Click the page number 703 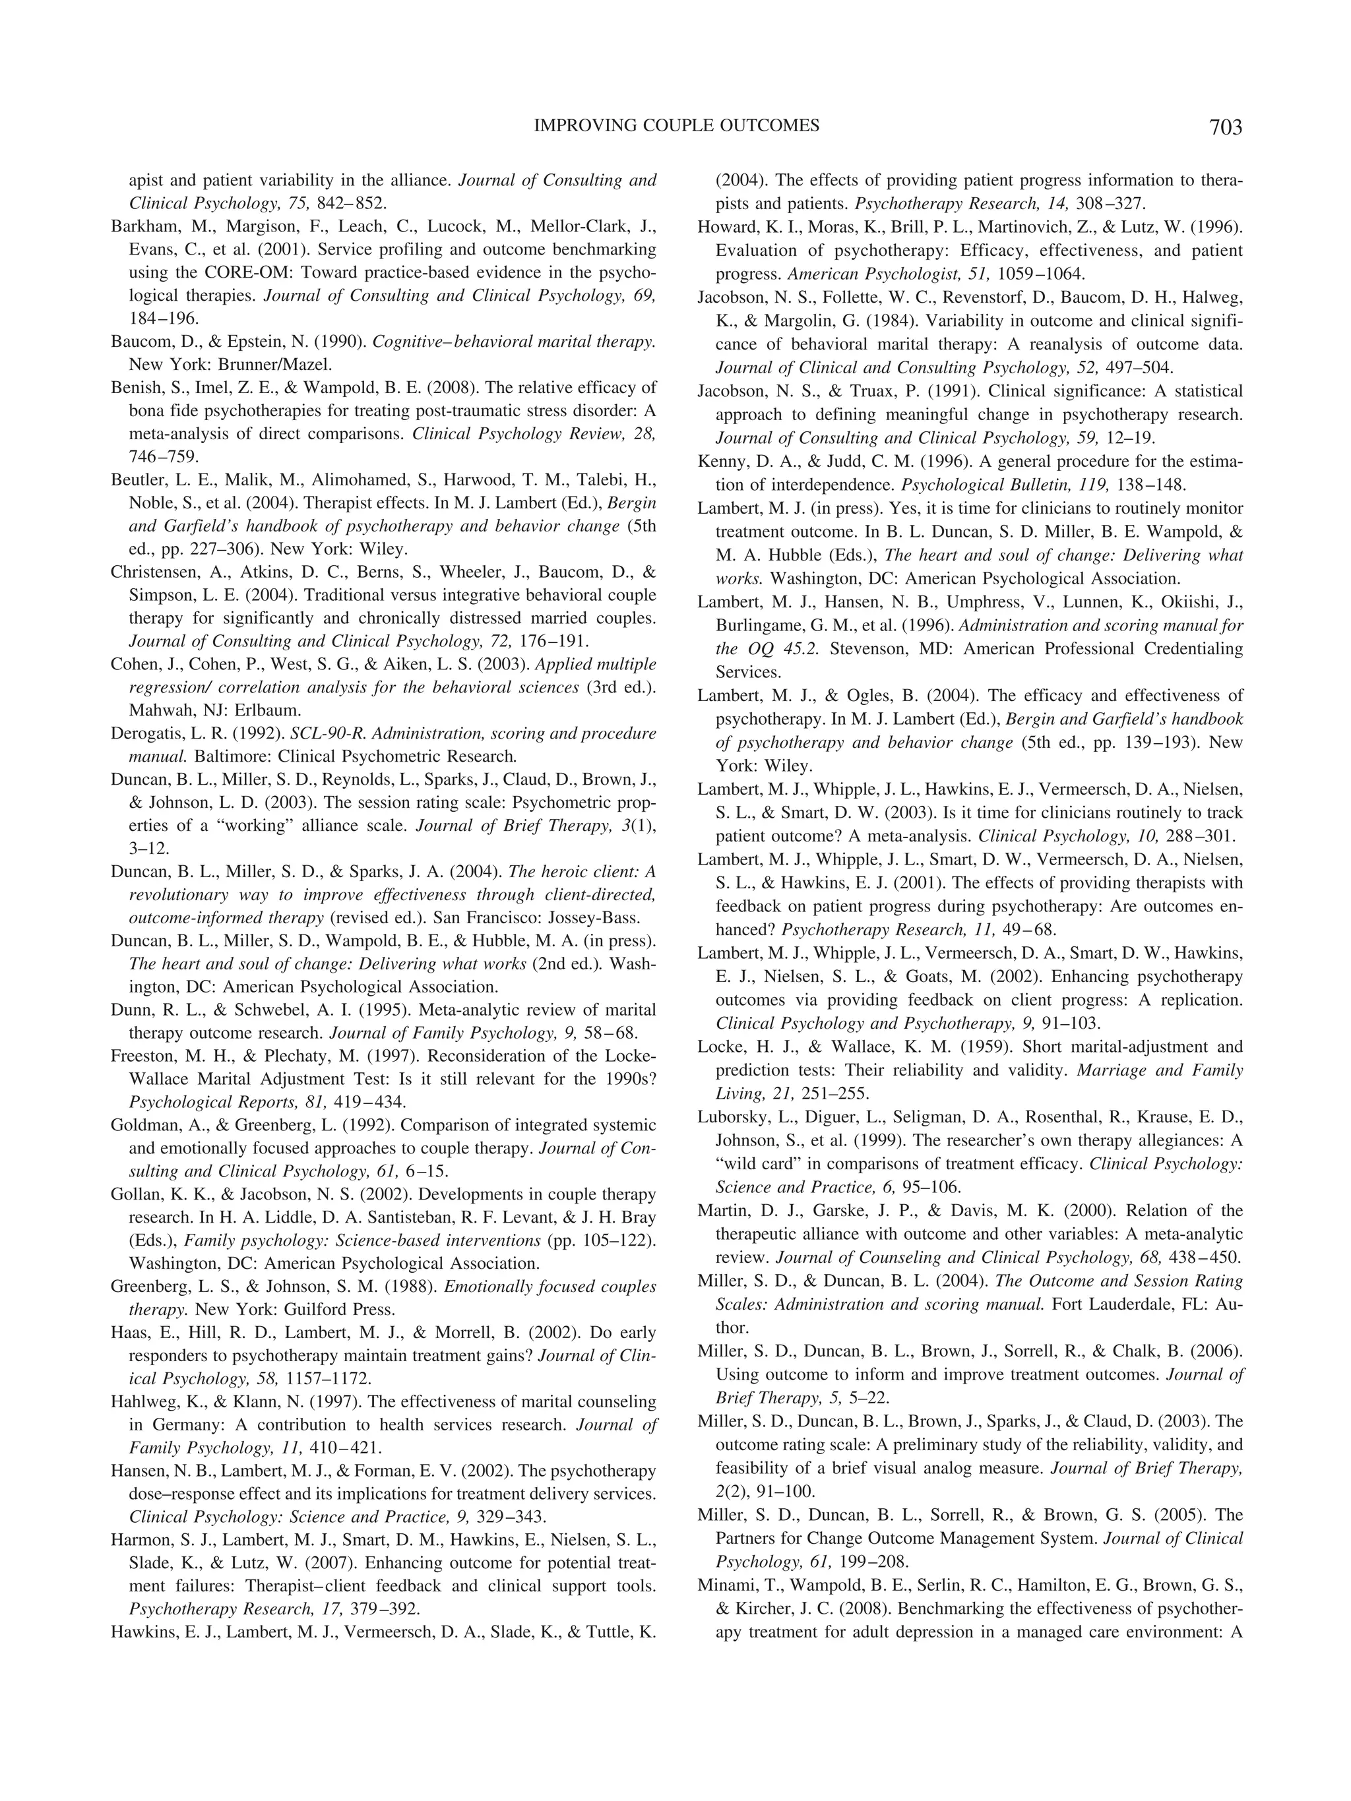coord(1225,128)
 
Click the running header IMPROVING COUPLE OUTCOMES coord(676,125)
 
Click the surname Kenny coord(720,462)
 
